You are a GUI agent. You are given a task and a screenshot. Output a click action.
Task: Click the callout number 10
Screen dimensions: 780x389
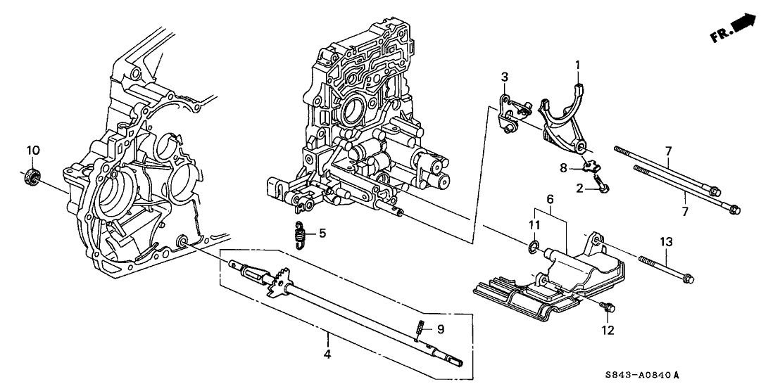(32, 150)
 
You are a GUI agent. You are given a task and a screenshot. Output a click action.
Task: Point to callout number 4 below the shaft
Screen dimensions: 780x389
(327, 354)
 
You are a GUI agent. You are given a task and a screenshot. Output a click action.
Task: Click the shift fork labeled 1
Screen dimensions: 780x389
(562, 119)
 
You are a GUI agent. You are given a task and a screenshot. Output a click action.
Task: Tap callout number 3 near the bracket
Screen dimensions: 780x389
(505, 77)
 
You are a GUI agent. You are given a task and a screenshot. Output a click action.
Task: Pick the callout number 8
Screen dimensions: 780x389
(563, 168)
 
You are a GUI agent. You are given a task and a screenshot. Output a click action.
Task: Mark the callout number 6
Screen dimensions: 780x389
(551, 199)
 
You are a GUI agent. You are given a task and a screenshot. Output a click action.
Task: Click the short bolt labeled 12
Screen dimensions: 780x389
(607, 307)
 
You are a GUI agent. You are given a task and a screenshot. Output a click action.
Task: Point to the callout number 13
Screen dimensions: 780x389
(666, 242)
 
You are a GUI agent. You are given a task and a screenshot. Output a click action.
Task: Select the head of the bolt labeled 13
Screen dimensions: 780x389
(688, 279)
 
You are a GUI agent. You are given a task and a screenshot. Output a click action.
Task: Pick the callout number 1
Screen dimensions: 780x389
(577, 65)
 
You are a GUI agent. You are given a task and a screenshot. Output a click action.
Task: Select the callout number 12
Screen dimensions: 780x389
(608, 330)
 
